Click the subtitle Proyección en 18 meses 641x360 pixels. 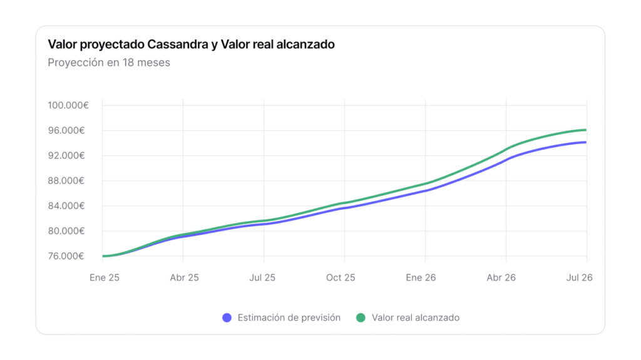[109, 63]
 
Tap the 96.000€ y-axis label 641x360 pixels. [68, 130]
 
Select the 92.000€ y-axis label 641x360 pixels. [68, 155]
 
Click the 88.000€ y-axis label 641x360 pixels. [68, 181]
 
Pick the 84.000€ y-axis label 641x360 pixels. [68, 206]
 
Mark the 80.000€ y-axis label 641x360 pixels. [68, 231]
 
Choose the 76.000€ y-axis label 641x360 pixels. [68, 256]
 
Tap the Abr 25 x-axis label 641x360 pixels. [184, 277]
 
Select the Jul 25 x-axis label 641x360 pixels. [263, 277]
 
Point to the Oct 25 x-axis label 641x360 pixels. [341, 277]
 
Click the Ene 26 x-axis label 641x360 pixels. [422, 277]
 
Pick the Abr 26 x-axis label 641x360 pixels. [501, 277]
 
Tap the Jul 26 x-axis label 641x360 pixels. [579, 277]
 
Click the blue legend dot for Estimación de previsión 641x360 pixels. [227, 318]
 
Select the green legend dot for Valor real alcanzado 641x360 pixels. [361, 318]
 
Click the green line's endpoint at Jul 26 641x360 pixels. [586, 130]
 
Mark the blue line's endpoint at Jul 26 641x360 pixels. [586, 142]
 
